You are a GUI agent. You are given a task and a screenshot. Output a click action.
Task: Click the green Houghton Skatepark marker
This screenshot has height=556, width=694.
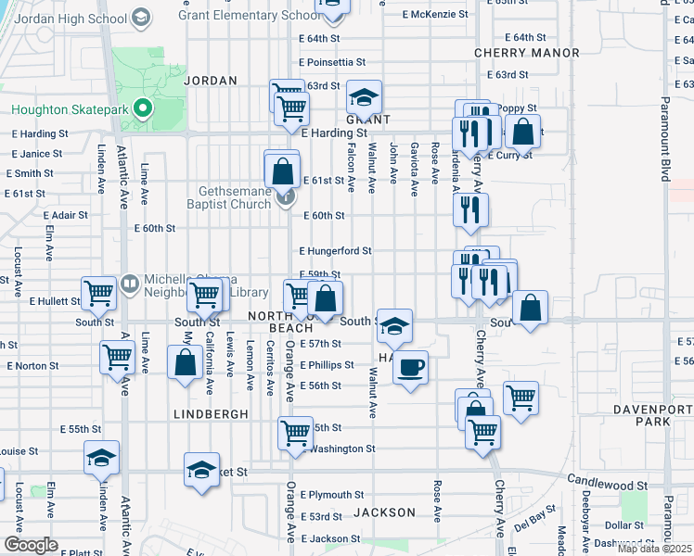coord(142,109)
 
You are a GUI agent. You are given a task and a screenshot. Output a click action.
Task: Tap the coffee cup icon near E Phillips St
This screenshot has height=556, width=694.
coord(410,368)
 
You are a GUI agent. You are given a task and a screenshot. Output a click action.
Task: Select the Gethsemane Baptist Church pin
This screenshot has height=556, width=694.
coord(287,196)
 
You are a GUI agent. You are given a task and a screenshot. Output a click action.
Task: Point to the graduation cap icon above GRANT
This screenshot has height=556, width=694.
coord(365,97)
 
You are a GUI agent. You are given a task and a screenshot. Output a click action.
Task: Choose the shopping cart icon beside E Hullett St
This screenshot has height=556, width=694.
coord(98,293)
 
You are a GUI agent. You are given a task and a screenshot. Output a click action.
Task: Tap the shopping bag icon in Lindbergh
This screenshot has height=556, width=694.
coord(186,362)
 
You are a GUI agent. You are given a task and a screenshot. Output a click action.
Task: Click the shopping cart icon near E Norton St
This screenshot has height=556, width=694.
coord(118,357)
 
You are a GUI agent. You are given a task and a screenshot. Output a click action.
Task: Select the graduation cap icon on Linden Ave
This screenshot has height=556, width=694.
coord(102,458)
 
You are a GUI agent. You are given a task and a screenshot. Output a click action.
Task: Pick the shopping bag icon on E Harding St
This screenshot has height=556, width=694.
coord(523,132)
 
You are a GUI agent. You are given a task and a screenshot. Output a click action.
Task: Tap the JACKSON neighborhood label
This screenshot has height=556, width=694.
coord(384,512)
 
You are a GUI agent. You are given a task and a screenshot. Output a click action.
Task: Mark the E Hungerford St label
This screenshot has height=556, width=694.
coord(335,251)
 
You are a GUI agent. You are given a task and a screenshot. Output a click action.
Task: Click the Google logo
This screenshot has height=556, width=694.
coord(31,544)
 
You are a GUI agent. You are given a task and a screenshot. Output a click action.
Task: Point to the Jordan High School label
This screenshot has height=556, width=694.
coord(71,17)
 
